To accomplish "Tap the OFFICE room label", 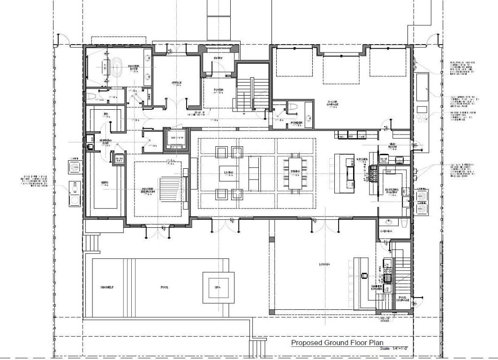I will [x=176, y=82].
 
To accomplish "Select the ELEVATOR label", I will [x=176, y=138].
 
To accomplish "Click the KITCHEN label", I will [x=362, y=160].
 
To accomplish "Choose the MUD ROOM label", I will [x=393, y=146].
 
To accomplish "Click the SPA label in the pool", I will [x=217, y=287].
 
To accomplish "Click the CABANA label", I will [x=386, y=231].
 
